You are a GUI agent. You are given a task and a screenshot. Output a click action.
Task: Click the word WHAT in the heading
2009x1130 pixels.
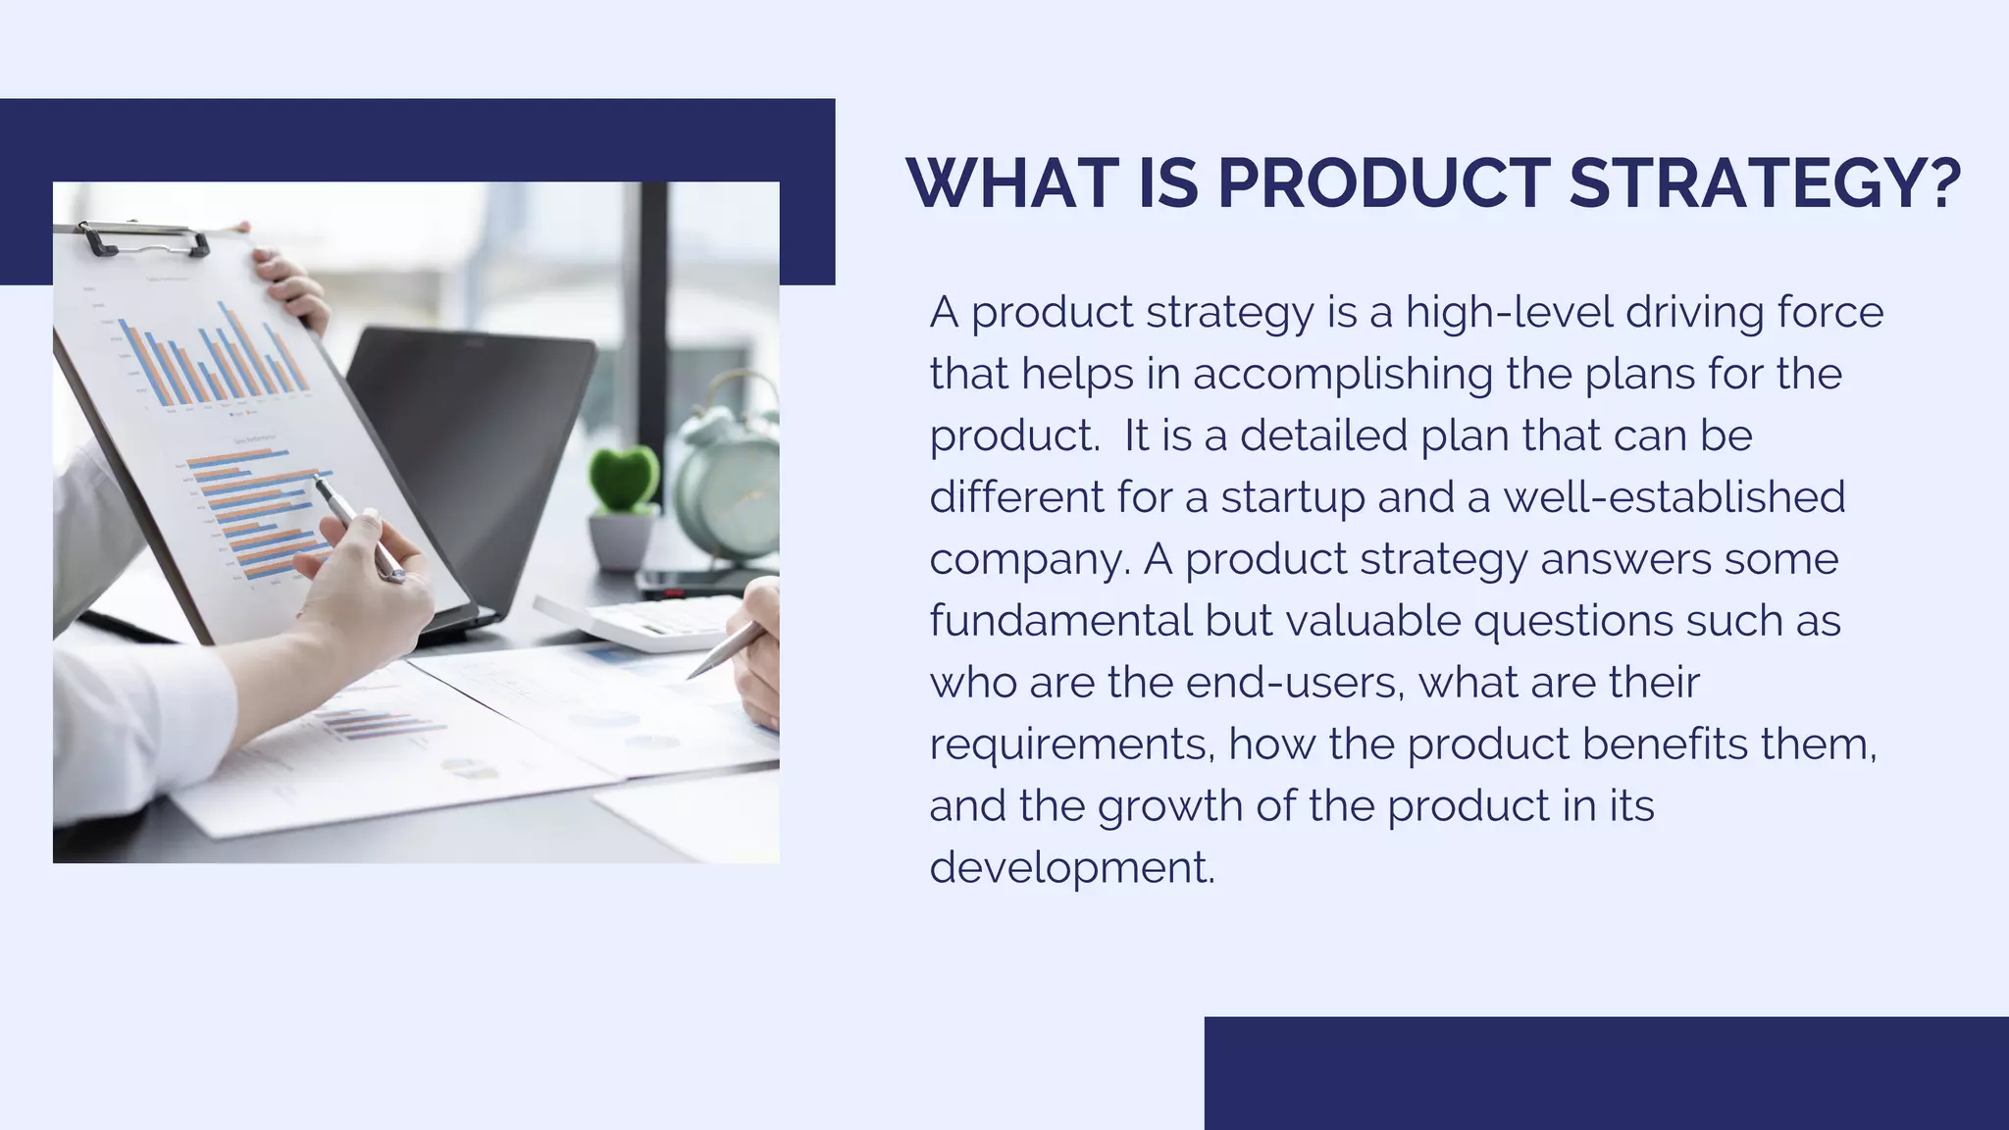[x=1012, y=183]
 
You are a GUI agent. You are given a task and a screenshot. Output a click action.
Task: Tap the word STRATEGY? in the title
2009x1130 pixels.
[x=1765, y=183]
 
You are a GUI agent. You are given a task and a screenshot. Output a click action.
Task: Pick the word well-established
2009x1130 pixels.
[x=1674, y=496]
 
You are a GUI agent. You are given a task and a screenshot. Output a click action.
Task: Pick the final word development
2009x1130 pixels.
[x=1072, y=867]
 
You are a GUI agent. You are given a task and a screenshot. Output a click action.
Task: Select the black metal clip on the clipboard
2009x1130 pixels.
[x=143, y=239]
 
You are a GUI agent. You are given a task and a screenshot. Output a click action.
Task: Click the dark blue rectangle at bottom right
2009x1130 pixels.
[x=1606, y=1073]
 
